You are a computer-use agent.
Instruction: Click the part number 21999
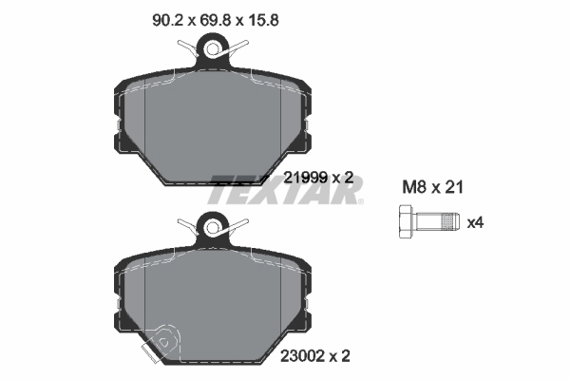pos(304,176)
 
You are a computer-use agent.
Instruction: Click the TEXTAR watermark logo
pos(285,188)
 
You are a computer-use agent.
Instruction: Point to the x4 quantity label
pos(475,223)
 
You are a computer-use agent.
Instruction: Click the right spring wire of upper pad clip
pos(241,43)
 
